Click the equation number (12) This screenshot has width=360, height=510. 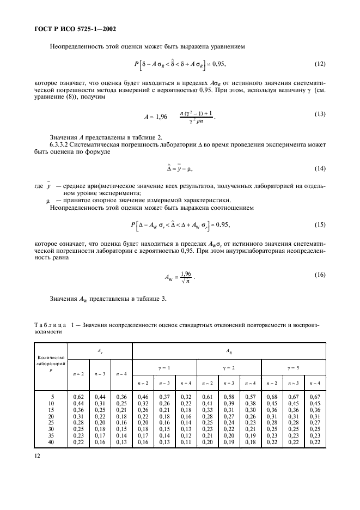[320, 64]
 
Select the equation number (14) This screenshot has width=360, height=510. [320, 169]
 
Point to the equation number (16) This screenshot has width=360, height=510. [320, 275]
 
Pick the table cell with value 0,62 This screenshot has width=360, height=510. [78, 397]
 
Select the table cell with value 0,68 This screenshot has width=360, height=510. [272, 397]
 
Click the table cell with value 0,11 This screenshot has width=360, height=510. [185, 442]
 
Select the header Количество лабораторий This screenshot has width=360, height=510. [51, 362]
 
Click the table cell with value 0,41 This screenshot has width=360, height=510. [207, 404]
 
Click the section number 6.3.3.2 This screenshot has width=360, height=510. [61, 144]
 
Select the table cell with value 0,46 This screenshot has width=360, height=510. [142, 397]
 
